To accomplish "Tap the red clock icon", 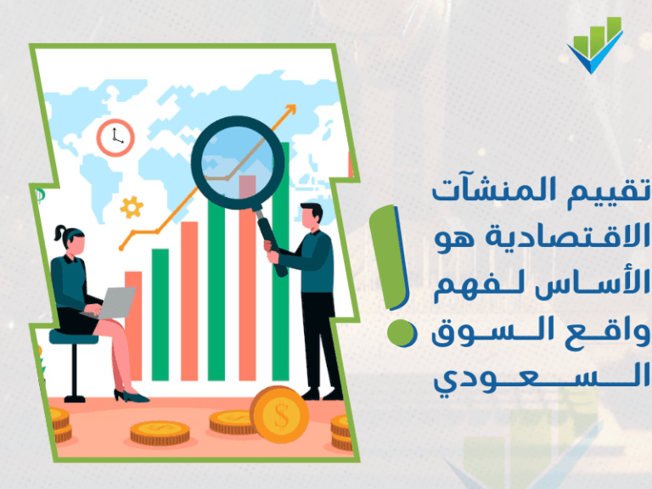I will click(115, 137).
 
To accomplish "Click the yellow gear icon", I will click(131, 206).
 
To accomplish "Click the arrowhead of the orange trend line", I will click(292, 109).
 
